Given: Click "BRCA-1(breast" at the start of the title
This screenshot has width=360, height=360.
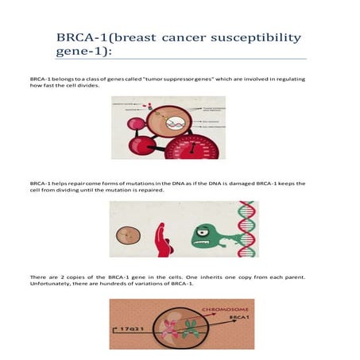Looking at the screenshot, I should coord(104,38).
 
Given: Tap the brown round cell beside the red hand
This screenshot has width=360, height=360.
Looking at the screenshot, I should coord(126,236).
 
